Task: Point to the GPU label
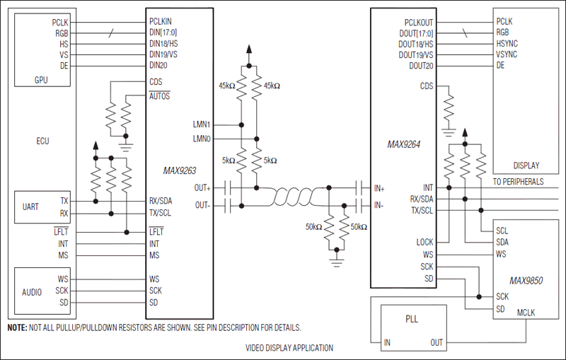pos(41,80)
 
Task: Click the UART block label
pos(30,207)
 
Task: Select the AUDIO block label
pos(31,291)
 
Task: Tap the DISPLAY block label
pos(526,166)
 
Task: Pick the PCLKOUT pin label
pos(419,22)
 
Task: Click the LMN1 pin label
pos(200,124)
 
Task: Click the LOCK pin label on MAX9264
pos(424,243)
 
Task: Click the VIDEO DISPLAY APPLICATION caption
pos(289,348)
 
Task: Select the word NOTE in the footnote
pos(17,328)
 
